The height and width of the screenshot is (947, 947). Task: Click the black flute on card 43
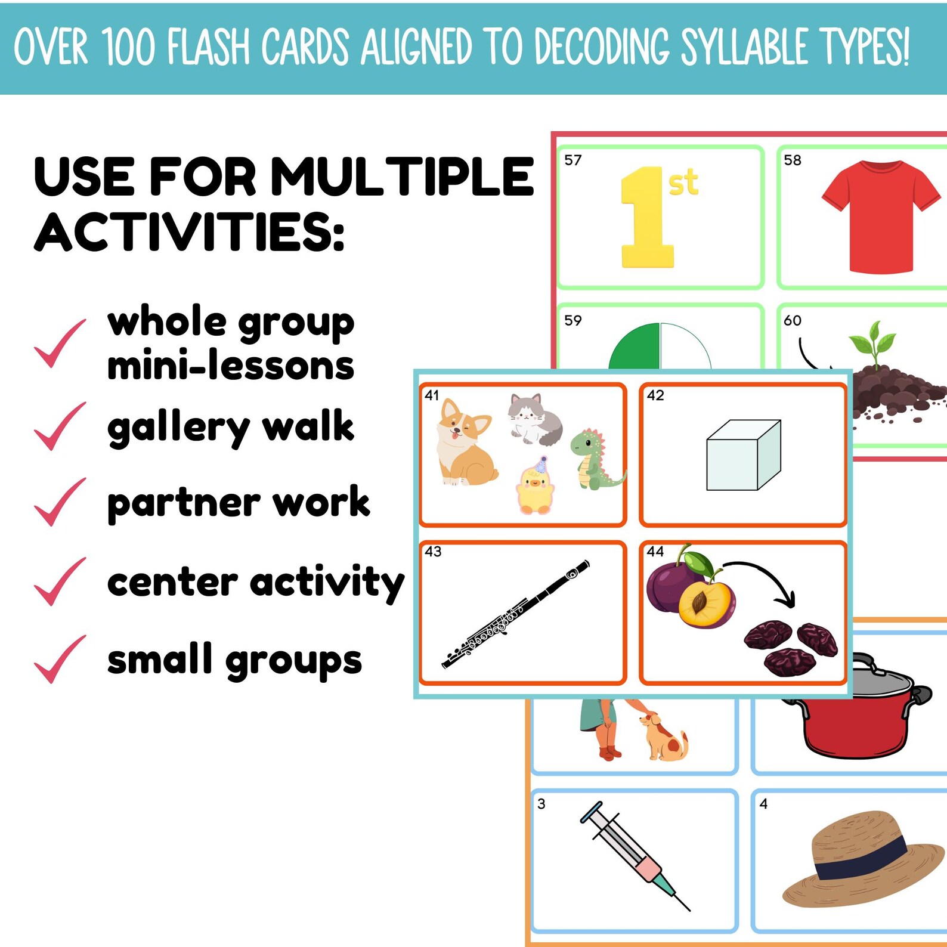515,614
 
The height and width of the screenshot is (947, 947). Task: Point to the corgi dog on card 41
465,442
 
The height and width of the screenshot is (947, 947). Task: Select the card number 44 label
655,551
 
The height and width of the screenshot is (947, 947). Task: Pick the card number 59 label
572,320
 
